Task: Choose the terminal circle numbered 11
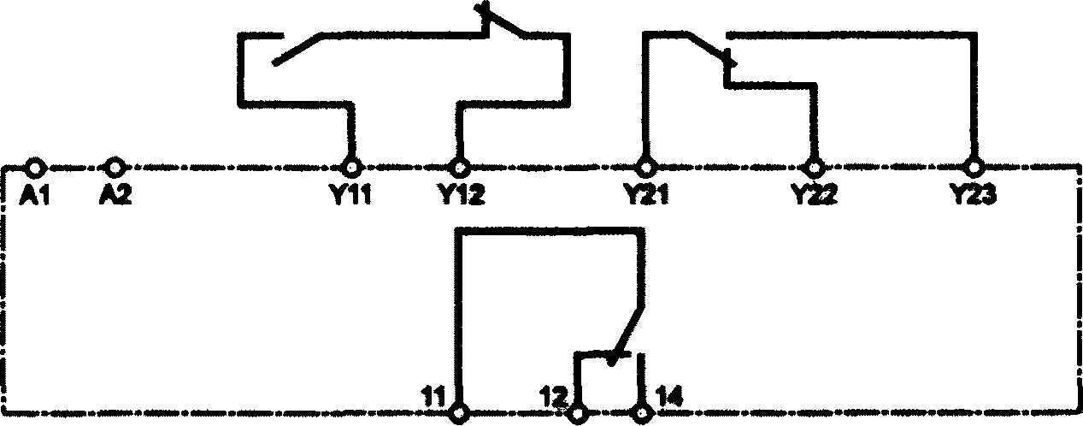461,412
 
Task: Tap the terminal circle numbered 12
579,412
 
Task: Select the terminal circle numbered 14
641,412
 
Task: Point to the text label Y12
461,195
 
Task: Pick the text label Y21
645,195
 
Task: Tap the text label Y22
814,195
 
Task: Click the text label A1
33,195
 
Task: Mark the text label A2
115,195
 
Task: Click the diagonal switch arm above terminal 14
627,333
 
